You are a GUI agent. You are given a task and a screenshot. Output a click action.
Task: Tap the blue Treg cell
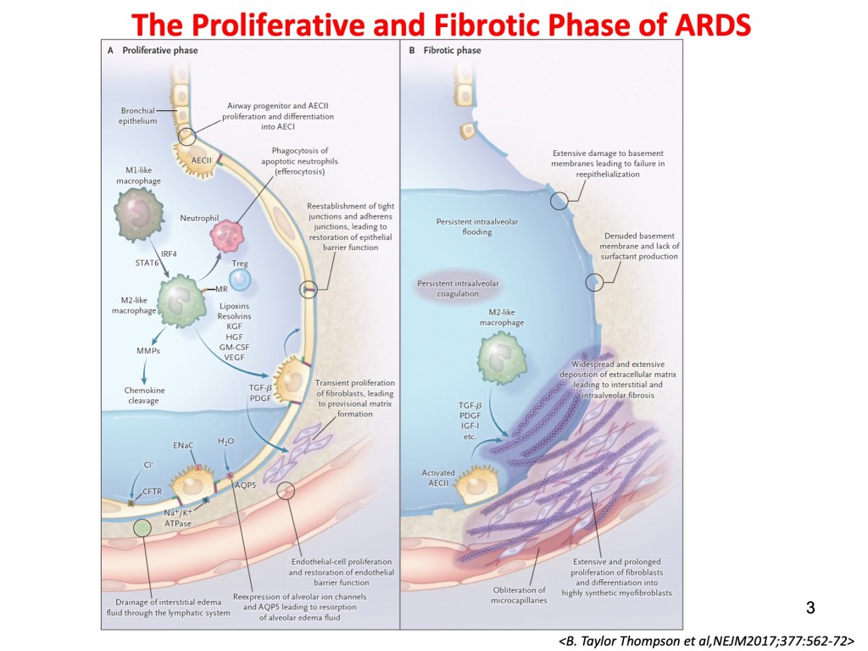(240, 277)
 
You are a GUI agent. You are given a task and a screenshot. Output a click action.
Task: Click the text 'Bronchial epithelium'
(137, 116)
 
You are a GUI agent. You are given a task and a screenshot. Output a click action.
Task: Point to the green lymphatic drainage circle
(143, 529)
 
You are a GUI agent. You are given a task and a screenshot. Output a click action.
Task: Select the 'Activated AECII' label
(438, 478)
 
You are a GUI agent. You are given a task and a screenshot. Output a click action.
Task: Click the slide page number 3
(810, 607)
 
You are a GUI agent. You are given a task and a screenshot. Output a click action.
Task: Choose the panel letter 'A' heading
(110, 51)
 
